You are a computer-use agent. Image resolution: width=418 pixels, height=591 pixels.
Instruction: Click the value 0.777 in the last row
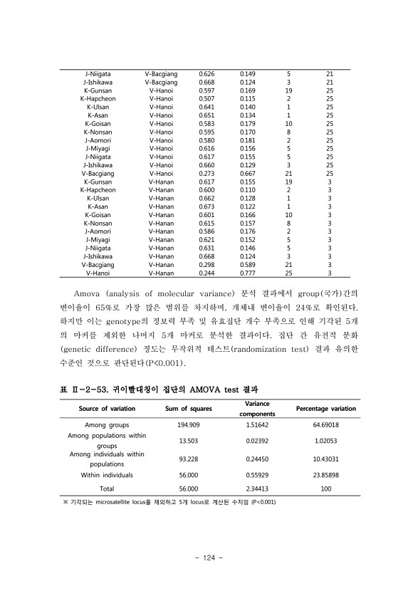point(247,273)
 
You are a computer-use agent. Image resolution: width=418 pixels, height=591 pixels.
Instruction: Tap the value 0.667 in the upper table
point(247,173)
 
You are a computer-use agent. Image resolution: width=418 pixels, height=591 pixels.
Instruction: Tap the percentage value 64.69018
point(325,424)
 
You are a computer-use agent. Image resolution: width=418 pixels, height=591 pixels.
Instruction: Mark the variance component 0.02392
point(257,441)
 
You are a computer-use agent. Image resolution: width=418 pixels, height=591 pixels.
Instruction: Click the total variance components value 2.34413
point(257,489)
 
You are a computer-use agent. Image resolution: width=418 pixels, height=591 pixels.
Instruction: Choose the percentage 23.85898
point(325,475)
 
